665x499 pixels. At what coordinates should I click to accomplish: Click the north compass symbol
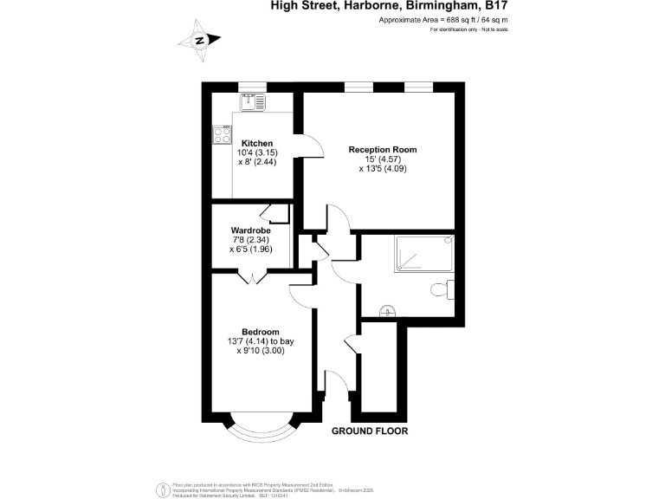point(200,40)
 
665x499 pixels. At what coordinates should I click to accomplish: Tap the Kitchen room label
point(257,143)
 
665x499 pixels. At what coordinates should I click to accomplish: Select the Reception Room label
point(382,150)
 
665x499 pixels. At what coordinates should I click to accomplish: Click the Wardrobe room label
point(251,230)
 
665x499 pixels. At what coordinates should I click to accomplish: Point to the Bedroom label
point(260,332)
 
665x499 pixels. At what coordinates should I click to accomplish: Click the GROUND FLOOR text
point(370,431)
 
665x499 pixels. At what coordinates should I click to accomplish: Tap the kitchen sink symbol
point(251,100)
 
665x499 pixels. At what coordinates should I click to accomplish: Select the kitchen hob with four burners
point(222,134)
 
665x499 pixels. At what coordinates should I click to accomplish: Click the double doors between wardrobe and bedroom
point(252,277)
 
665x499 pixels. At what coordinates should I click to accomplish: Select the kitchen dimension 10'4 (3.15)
point(257,152)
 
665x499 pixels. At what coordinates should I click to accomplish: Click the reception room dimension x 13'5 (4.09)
point(382,169)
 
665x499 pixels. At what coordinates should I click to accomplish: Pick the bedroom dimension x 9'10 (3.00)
point(260,351)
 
